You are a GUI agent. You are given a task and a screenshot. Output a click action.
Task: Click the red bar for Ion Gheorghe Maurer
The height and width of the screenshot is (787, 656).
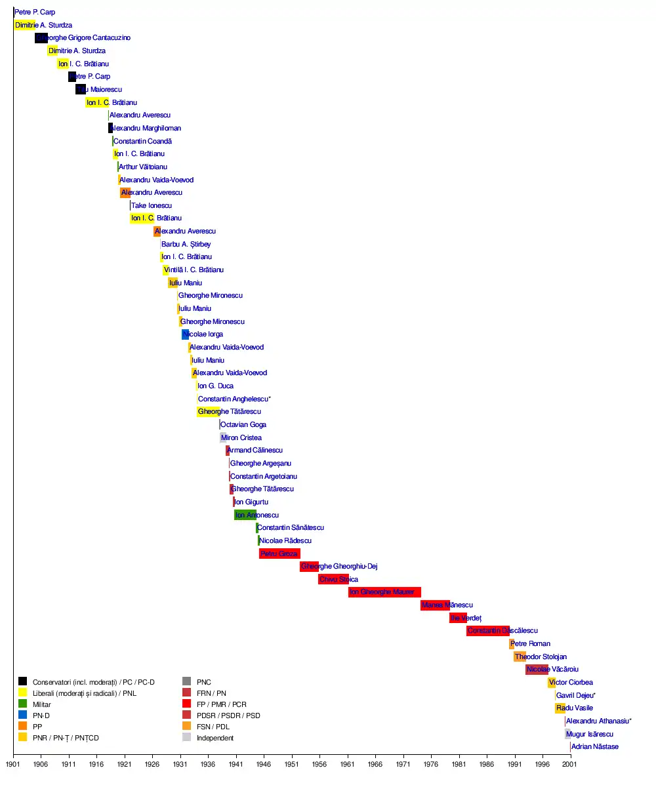click(384, 592)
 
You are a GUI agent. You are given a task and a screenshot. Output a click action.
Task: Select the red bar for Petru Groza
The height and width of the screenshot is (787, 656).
click(279, 554)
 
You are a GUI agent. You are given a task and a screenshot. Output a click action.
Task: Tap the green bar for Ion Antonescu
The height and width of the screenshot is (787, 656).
click(245, 515)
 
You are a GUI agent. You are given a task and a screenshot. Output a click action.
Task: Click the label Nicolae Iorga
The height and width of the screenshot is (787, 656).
click(203, 334)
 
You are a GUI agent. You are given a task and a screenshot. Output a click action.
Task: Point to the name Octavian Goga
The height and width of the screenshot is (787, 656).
click(243, 424)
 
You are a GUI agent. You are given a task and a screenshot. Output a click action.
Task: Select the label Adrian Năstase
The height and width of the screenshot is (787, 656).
click(594, 746)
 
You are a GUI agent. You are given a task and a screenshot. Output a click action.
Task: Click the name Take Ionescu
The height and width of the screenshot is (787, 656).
click(152, 205)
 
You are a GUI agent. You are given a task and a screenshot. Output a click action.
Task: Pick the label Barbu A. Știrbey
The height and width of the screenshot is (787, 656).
click(186, 244)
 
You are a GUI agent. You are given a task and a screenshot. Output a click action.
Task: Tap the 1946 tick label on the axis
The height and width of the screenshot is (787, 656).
click(264, 764)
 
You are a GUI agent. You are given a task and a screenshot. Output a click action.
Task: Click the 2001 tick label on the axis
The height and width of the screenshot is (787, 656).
click(570, 764)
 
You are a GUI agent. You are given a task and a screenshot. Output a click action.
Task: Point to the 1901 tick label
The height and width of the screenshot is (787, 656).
click(13, 764)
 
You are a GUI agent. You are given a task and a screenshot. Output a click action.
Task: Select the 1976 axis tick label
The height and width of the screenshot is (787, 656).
click(431, 764)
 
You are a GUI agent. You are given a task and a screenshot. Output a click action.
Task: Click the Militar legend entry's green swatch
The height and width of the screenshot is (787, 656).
click(22, 704)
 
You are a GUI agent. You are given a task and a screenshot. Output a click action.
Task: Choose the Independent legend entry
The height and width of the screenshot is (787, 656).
click(215, 738)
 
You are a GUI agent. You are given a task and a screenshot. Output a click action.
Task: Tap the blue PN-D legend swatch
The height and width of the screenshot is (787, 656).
click(22, 715)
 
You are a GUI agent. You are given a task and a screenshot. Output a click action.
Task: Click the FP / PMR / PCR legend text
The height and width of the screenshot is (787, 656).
click(221, 704)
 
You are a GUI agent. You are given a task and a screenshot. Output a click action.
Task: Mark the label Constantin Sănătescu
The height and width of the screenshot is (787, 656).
click(291, 527)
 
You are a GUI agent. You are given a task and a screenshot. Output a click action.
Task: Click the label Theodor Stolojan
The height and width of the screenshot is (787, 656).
click(541, 656)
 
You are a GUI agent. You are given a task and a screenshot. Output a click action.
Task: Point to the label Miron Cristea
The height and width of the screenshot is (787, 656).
click(241, 437)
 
